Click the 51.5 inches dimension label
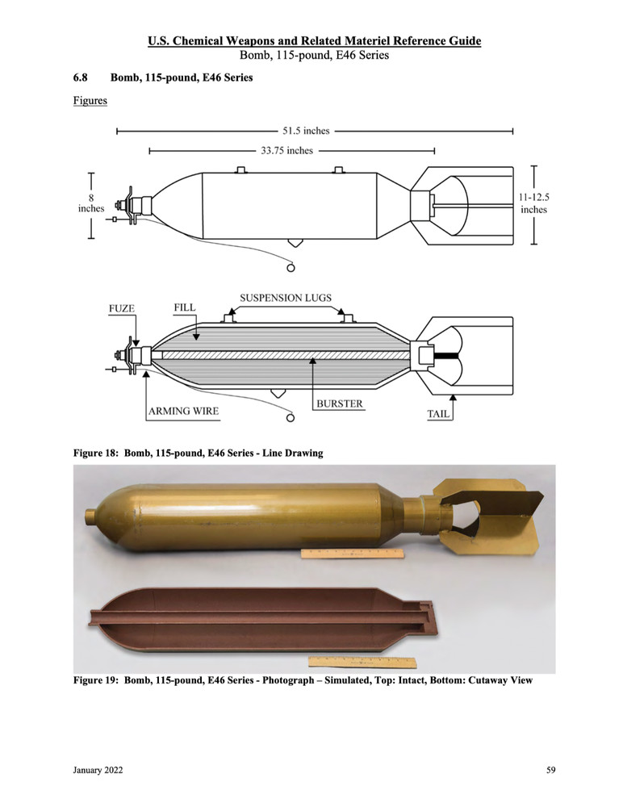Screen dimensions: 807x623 tap(311, 130)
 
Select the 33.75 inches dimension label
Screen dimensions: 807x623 tap(286, 150)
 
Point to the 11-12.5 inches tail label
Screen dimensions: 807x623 tap(533, 203)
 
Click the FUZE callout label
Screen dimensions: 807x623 tap(123, 308)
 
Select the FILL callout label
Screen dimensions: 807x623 tap(185, 308)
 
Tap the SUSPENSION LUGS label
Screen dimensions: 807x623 tap(286, 298)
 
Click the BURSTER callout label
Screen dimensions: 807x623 tap(338, 402)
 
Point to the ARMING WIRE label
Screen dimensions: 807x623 tap(183, 412)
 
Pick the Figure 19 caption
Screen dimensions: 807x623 tap(303, 679)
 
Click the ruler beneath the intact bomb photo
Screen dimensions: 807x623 tap(351, 554)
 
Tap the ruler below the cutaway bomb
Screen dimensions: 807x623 tap(373, 663)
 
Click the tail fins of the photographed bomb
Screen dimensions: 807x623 tap(488, 512)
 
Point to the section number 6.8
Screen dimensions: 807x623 tap(82, 77)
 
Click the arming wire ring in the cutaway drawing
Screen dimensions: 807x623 tap(291, 419)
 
